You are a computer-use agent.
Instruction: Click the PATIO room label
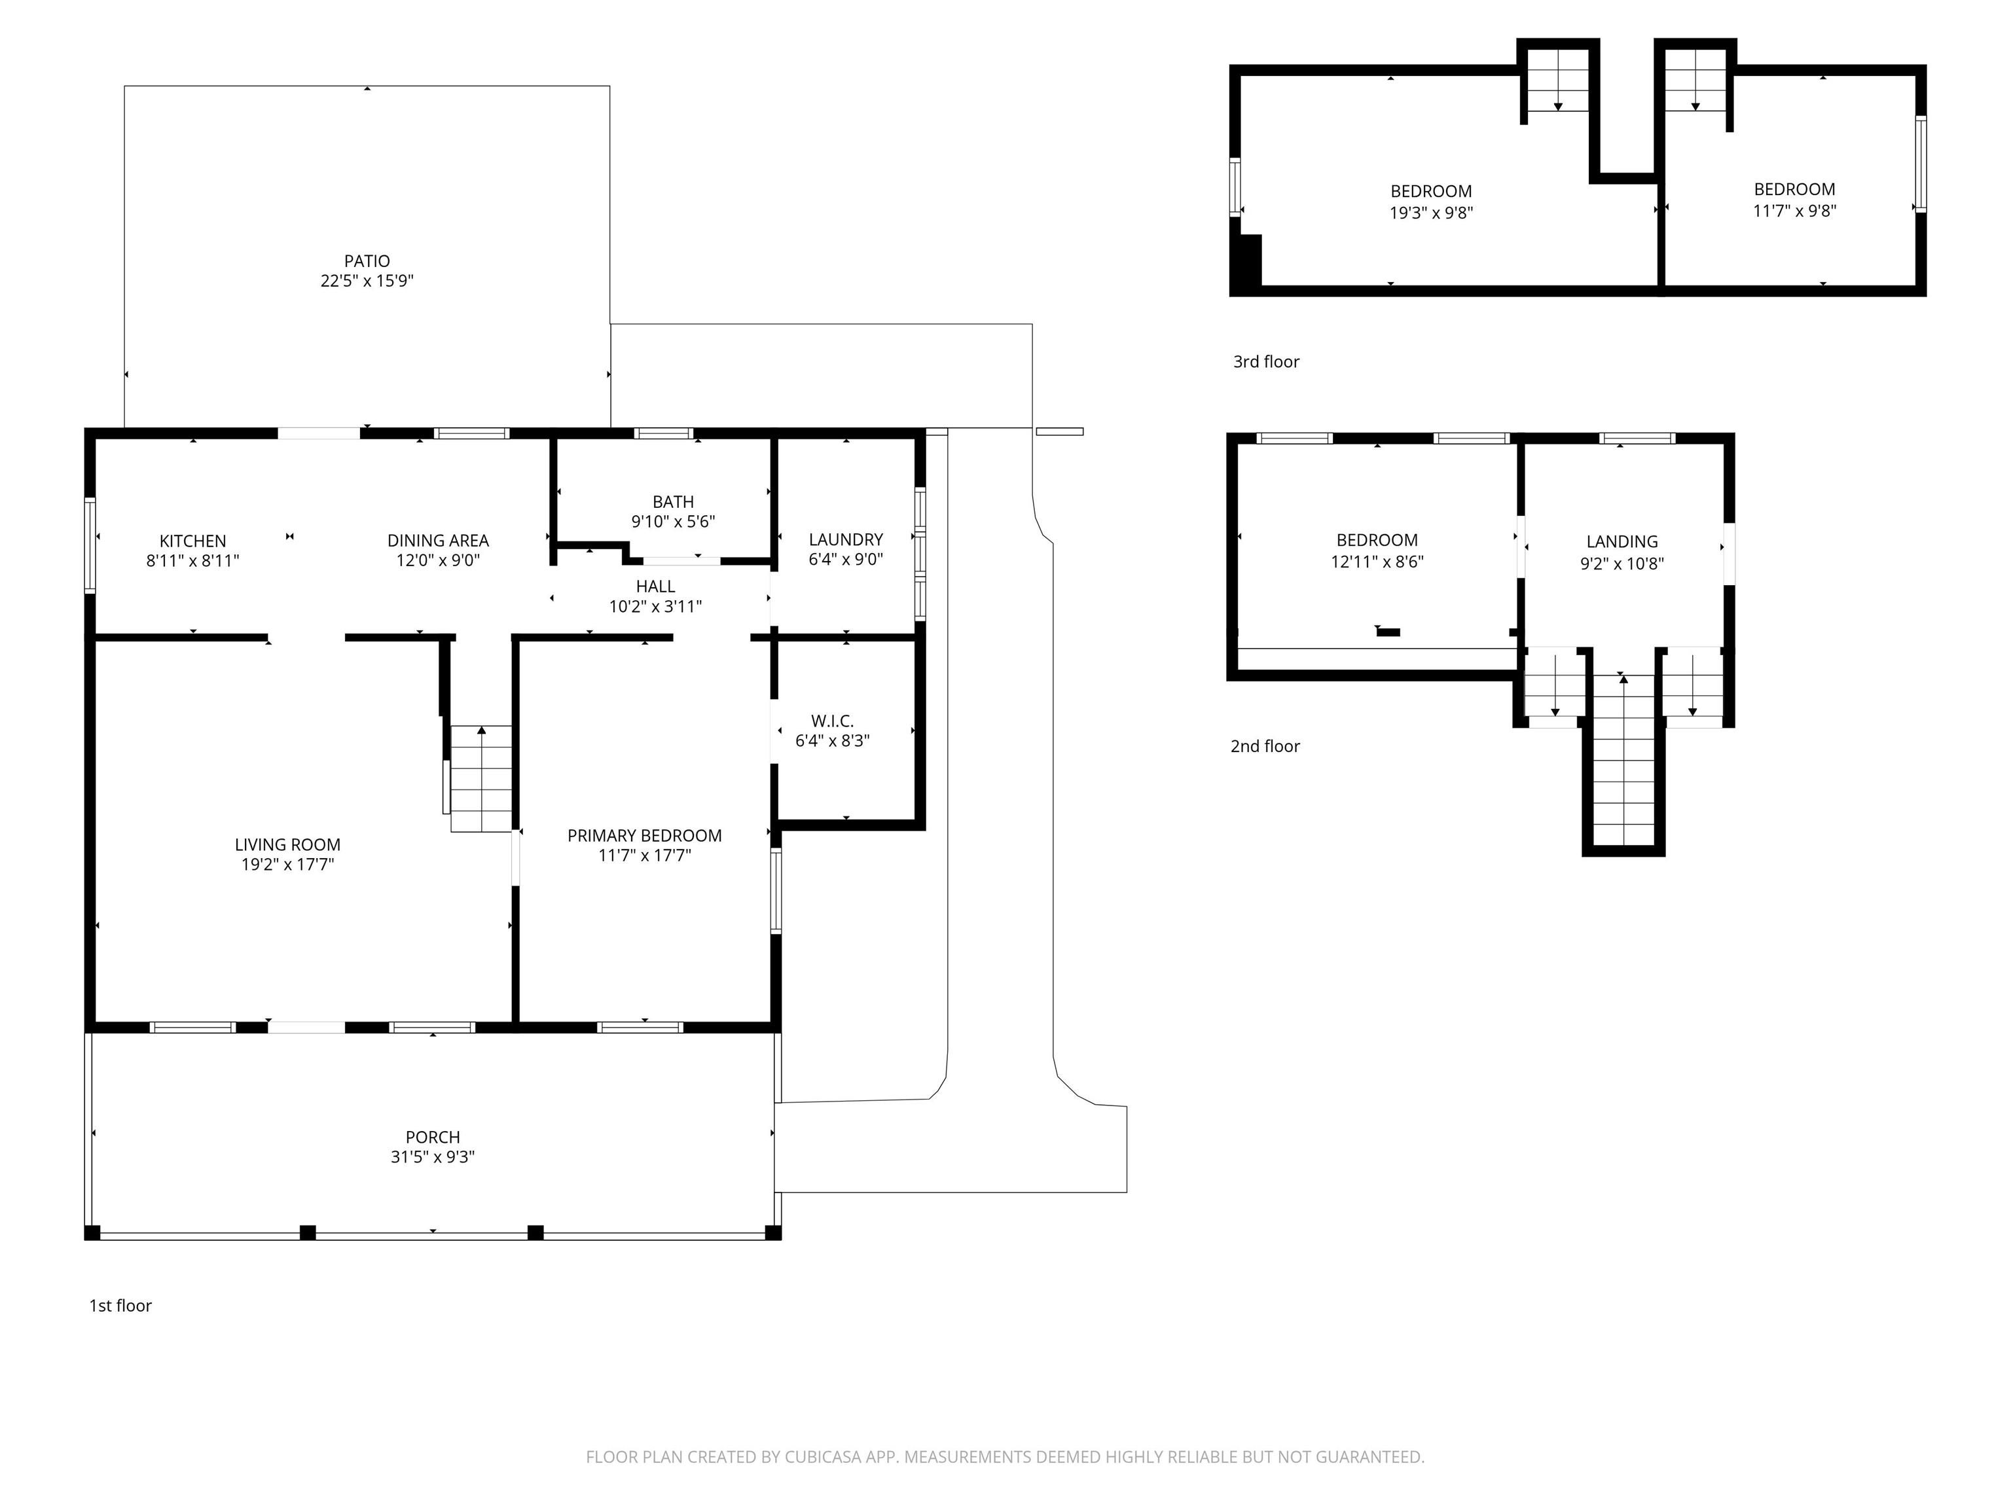367,262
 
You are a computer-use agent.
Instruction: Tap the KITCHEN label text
192,541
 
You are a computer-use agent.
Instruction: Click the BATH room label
674,502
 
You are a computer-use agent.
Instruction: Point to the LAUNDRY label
846,540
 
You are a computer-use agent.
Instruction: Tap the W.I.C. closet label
833,721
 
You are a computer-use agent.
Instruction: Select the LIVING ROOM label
287,844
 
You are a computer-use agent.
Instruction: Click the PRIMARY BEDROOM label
645,835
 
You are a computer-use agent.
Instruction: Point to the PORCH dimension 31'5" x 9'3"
433,1157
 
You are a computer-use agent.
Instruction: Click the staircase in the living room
482,778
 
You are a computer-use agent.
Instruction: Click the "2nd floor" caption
1265,746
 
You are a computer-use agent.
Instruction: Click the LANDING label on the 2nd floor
1622,542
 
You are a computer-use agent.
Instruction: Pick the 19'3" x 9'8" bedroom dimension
1432,213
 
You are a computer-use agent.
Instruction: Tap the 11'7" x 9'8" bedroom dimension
1794,211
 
